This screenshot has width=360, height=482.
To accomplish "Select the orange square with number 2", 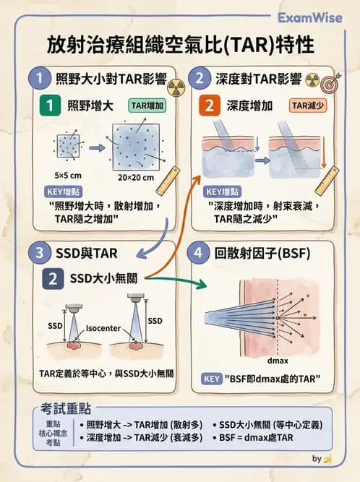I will (209, 106).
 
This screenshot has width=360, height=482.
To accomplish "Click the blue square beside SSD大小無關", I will (53, 278).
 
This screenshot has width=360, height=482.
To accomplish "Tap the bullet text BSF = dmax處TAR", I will (254, 439).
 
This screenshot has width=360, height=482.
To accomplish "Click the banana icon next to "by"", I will (328, 458).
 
